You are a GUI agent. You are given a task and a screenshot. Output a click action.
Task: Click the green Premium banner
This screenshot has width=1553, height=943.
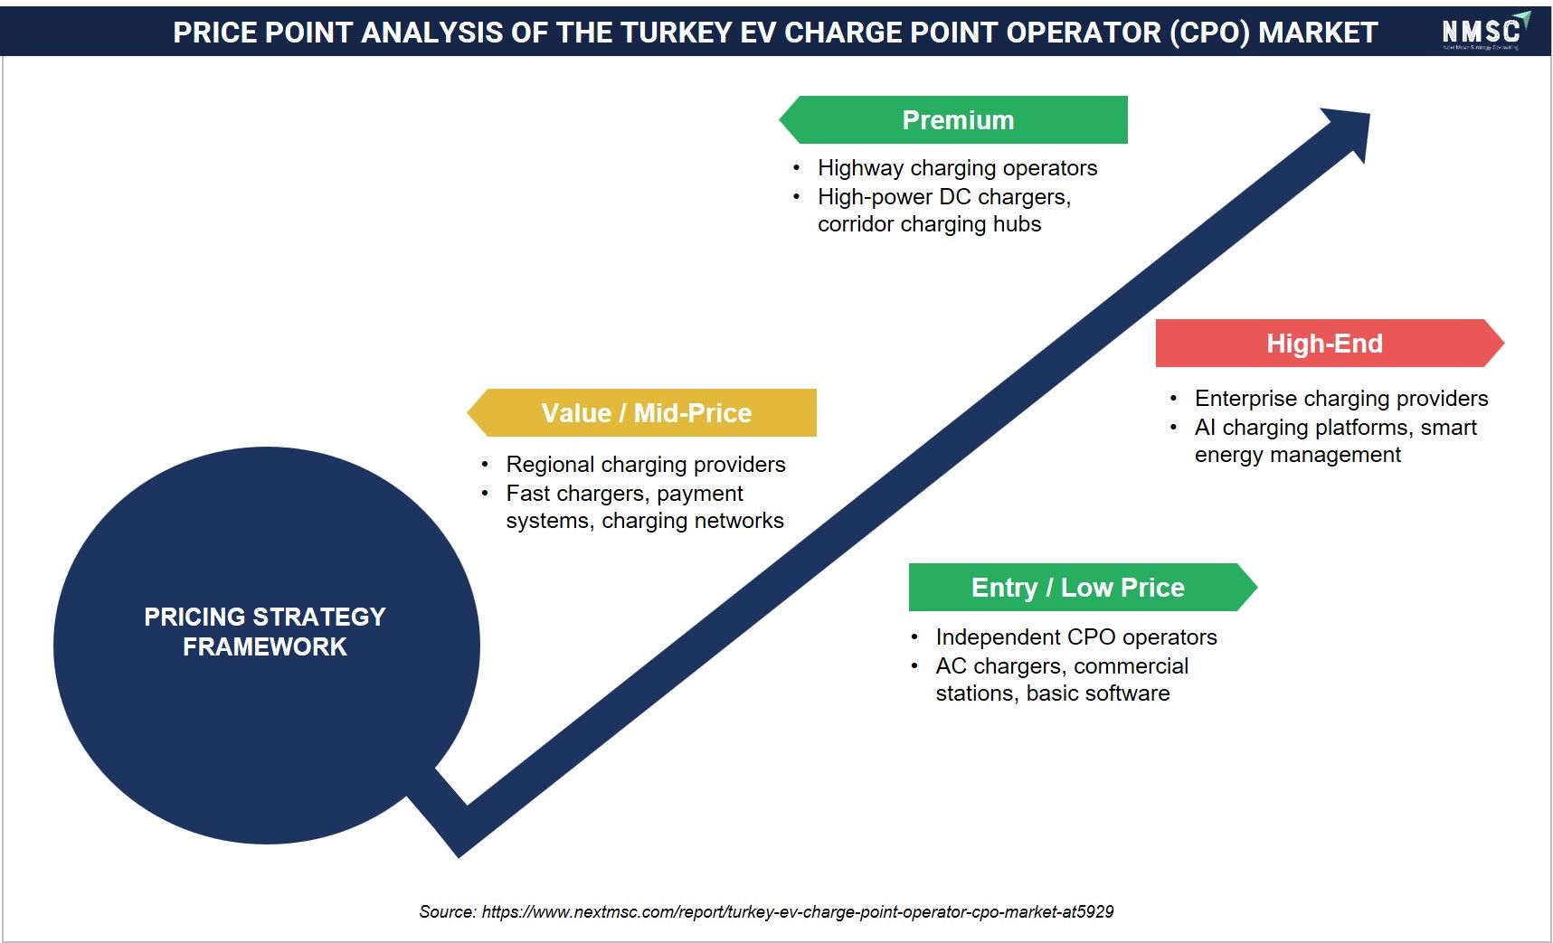pos(953,120)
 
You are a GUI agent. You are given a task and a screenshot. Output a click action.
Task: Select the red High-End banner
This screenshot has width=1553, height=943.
pos(1330,344)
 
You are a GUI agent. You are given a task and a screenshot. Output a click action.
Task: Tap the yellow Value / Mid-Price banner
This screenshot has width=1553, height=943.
pos(642,413)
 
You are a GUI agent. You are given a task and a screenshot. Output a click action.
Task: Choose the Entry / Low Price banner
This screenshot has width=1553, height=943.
pos(1083,588)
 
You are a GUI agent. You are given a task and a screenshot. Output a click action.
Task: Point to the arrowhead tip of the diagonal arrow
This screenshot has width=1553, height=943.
pos(1369,114)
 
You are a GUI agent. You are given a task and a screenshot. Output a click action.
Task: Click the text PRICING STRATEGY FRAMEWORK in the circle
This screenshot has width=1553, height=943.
pos(265,631)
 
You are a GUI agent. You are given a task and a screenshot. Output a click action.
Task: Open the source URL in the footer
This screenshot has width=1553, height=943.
pos(798,911)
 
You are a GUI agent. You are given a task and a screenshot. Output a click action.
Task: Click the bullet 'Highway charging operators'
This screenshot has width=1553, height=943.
pos(957,168)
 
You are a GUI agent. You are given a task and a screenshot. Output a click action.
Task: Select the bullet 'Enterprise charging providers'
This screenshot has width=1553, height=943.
pos(1341,399)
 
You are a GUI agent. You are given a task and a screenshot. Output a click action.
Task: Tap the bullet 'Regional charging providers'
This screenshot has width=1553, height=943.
pos(646,465)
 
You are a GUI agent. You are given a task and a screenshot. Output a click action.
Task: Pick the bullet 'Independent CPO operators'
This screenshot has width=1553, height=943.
pos(1076,637)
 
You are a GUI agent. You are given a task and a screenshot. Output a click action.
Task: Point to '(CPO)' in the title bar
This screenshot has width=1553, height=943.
pos(1210,33)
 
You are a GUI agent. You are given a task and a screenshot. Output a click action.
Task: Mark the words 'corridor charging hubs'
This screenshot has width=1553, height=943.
pos(930,224)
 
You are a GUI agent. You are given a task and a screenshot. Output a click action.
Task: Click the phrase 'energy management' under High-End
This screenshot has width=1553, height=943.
pos(1298,455)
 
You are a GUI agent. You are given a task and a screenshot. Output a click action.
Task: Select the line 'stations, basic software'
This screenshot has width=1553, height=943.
pos(1053,693)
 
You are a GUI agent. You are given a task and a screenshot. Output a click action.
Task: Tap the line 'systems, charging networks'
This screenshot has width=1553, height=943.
pos(645,521)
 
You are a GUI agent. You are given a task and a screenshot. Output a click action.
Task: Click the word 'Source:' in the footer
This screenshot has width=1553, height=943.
pos(448,911)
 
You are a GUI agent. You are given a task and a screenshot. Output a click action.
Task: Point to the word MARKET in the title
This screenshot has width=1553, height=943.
pos(1318,33)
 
